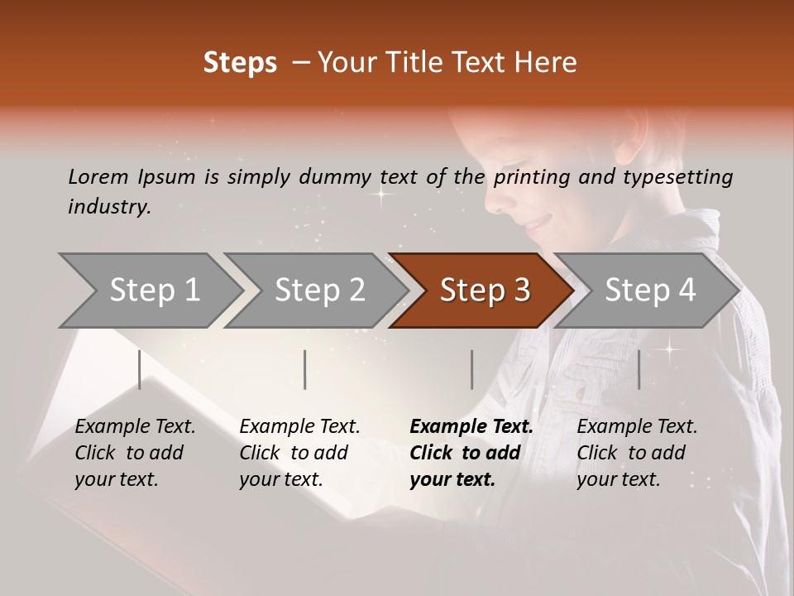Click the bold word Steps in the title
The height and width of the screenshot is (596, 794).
[240, 63]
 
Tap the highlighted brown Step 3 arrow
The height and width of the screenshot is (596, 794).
[485, 290]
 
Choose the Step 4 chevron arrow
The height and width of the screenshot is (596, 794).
[650, 290]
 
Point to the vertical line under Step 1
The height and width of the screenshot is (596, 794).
[139, 369]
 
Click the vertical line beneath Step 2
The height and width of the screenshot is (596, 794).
[305, 369]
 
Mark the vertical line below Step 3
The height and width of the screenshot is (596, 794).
[471, 369]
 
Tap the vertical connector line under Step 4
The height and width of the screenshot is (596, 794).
[639, 369]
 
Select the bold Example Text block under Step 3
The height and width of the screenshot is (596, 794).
[471, 453]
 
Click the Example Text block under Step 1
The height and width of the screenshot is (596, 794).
[135, 453]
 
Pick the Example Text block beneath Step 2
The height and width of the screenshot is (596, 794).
[299, 453]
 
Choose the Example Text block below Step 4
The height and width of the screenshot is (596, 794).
[637, 453]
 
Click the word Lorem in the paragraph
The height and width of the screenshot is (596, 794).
[98, 176]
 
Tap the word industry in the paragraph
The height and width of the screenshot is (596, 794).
[109, 206]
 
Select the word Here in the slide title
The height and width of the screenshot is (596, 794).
[549, 63]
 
